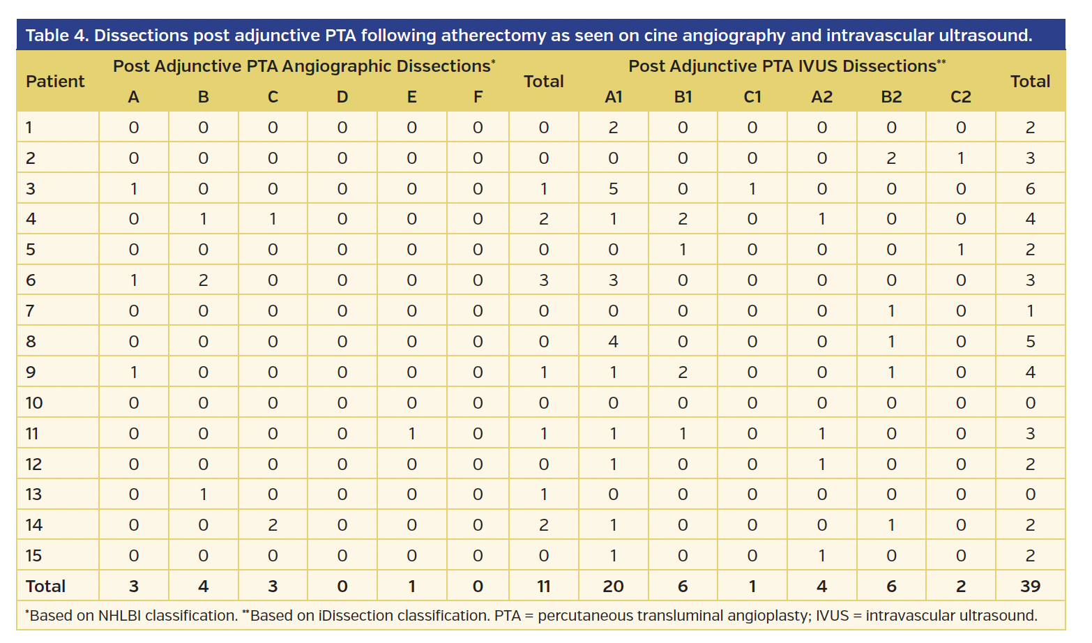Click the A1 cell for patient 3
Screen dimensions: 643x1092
613,188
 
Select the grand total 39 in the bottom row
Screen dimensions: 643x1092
1030,586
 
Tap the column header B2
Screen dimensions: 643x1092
891,97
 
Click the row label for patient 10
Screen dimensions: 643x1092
34,402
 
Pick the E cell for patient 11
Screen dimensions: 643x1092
411,433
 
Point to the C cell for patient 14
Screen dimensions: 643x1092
273,524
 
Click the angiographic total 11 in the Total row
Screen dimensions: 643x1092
543,586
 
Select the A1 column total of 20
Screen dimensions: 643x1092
613,586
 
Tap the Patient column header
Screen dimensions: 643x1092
55,82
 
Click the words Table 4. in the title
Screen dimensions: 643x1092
57,36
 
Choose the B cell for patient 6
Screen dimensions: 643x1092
203,280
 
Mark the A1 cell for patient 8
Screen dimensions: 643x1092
613,341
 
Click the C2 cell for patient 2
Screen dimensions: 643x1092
960,158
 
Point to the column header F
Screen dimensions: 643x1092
478,97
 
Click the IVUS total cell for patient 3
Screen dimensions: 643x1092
1030,188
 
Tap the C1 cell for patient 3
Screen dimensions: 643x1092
752,188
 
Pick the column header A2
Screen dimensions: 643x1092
821,97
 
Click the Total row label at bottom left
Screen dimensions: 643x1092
45,586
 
